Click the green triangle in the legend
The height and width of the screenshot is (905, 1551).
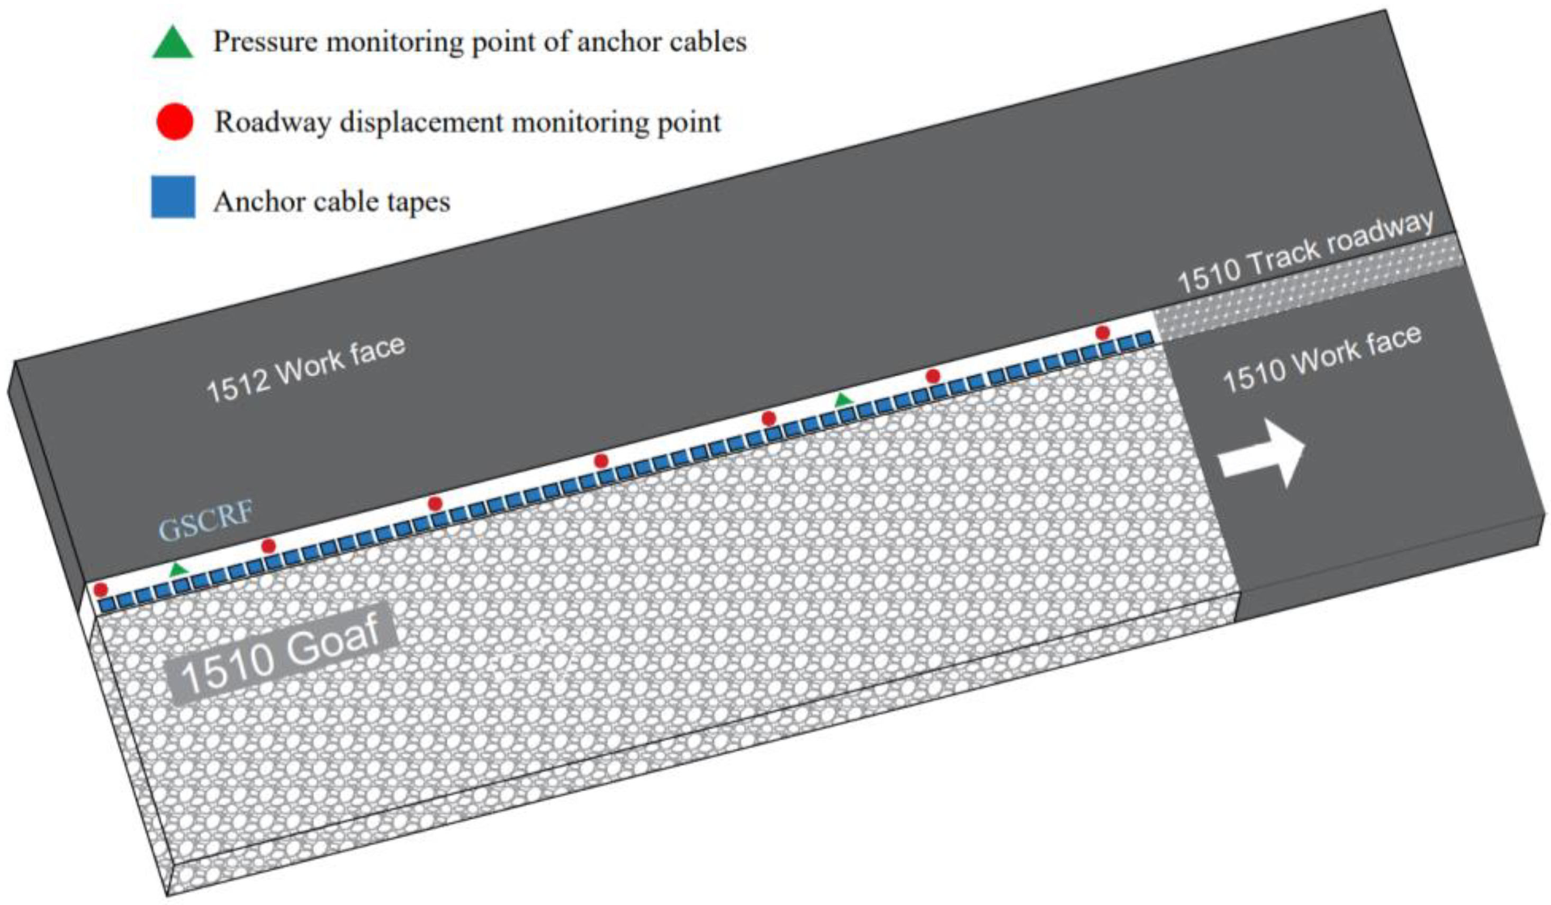[173, 43]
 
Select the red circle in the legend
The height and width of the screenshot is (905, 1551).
[175, 122]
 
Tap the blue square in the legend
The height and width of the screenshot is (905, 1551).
[174, 197]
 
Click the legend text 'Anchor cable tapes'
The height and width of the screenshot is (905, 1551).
[332, 202]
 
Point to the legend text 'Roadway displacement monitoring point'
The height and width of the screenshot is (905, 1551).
[468, 122]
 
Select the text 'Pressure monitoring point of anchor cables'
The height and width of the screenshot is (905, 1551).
[480, 42]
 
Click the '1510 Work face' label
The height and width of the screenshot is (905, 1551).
[1322, 359]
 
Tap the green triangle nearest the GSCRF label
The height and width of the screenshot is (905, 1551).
[178, 569]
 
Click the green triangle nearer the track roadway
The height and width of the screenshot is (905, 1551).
[843, 400]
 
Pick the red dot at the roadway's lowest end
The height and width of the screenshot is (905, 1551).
[101, 590]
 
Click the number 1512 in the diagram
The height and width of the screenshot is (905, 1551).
[237, 389]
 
